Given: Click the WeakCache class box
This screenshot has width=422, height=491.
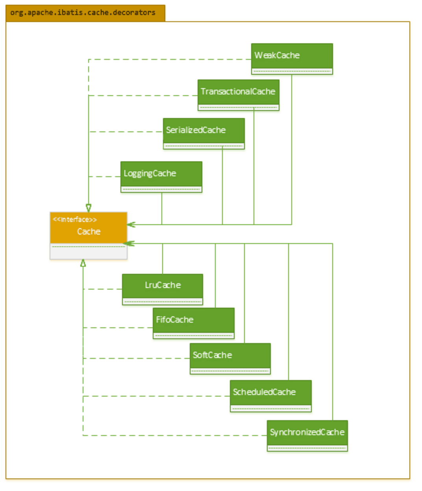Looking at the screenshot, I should [292, 59].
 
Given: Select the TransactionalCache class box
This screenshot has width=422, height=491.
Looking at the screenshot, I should [238, 95].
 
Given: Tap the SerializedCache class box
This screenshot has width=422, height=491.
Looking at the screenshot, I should [204, 133].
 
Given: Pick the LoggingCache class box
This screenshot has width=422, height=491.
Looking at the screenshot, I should [161, 177].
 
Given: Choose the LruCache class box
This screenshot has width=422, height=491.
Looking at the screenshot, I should [162, 289].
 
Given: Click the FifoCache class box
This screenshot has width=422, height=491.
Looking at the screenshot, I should [193, 323].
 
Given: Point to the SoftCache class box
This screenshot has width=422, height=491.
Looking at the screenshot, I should [230, 358].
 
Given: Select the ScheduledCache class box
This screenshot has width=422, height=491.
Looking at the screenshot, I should [270, 396].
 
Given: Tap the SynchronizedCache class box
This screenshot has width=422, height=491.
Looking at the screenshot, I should [307, 436].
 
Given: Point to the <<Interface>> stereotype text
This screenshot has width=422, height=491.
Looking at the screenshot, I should [75, 220].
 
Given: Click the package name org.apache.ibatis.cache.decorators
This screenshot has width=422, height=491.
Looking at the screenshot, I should [83, 13].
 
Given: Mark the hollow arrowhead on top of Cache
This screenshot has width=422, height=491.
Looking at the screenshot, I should [89, 208].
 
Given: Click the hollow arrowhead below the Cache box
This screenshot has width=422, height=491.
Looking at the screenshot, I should [83, 263].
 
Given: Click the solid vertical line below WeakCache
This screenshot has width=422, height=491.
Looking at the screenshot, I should [292, 150].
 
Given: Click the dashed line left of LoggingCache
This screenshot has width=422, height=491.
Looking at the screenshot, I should [105, 177].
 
